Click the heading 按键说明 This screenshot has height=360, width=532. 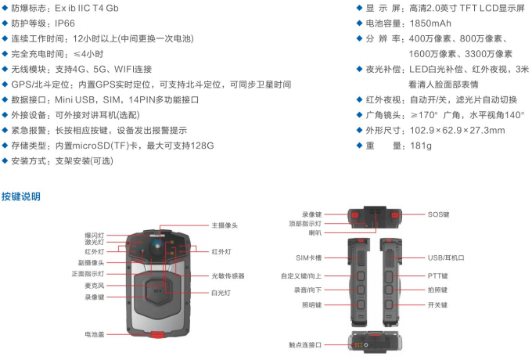coord(21,196)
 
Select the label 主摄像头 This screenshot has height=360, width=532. coord(224,225)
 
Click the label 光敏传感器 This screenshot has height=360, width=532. coord(228,275)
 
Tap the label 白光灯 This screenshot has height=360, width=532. coord(221,292)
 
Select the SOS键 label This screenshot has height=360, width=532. coord(438,214)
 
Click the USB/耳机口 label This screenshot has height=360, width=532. coord(447,257)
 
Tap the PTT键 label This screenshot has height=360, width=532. coord(438,275)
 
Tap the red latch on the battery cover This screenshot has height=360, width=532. coord(156,335)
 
